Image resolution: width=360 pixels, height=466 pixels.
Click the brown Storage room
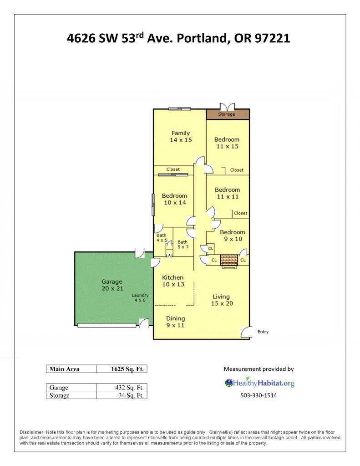point(228,114)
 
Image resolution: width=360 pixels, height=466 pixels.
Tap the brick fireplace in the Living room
point(229,260)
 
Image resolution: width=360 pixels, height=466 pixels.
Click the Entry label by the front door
point(263,332)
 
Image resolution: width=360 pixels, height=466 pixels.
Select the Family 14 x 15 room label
point(181,136)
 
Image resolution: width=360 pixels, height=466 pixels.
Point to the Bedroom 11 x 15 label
point(227,143)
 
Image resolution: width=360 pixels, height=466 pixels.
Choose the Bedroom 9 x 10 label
point(233,236)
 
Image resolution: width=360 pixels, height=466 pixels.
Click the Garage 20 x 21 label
point(112,285)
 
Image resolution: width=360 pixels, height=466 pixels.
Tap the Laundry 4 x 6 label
point(140,297)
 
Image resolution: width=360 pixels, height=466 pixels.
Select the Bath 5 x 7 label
point(183,244)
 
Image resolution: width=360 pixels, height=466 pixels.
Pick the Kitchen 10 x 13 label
point(173,281)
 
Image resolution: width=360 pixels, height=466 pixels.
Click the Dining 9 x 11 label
point(175,322)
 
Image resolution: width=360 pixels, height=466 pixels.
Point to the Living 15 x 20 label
point(222,300)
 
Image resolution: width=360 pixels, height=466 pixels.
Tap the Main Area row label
point(65,369)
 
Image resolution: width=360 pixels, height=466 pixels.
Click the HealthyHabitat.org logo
point(259,383)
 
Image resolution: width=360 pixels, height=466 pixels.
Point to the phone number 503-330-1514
point(259,395)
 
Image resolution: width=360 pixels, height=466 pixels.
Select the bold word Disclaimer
point(32,432)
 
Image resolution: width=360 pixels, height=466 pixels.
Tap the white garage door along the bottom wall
point(106,325)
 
